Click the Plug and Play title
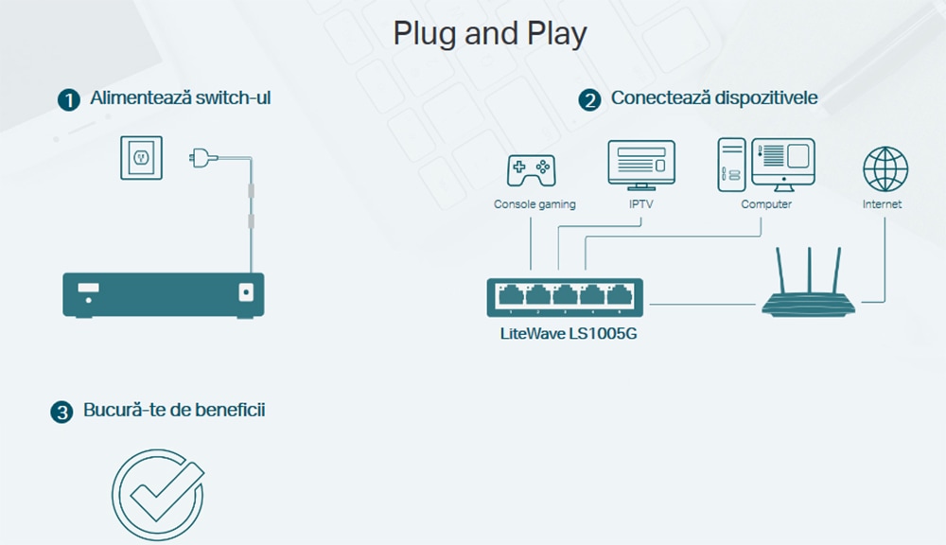coord(489,34)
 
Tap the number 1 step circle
coord(69,99)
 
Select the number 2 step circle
coord(589,99)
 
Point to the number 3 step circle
coord(61,413)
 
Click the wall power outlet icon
coord(141,157)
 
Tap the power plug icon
coord(202,158)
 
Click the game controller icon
coord(531,170)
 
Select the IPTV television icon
coord(641,166)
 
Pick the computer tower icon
coord(731,165)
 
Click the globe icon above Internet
coord(885,169)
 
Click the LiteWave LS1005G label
coord(569,334)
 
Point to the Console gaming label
coord(534,204)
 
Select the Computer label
coord(766,204)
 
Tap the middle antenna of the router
coord(809,271)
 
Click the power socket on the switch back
coord(246,292)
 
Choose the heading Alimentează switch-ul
coord(181,97)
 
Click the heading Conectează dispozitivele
coord(714,97)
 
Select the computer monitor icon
coord(783,165)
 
